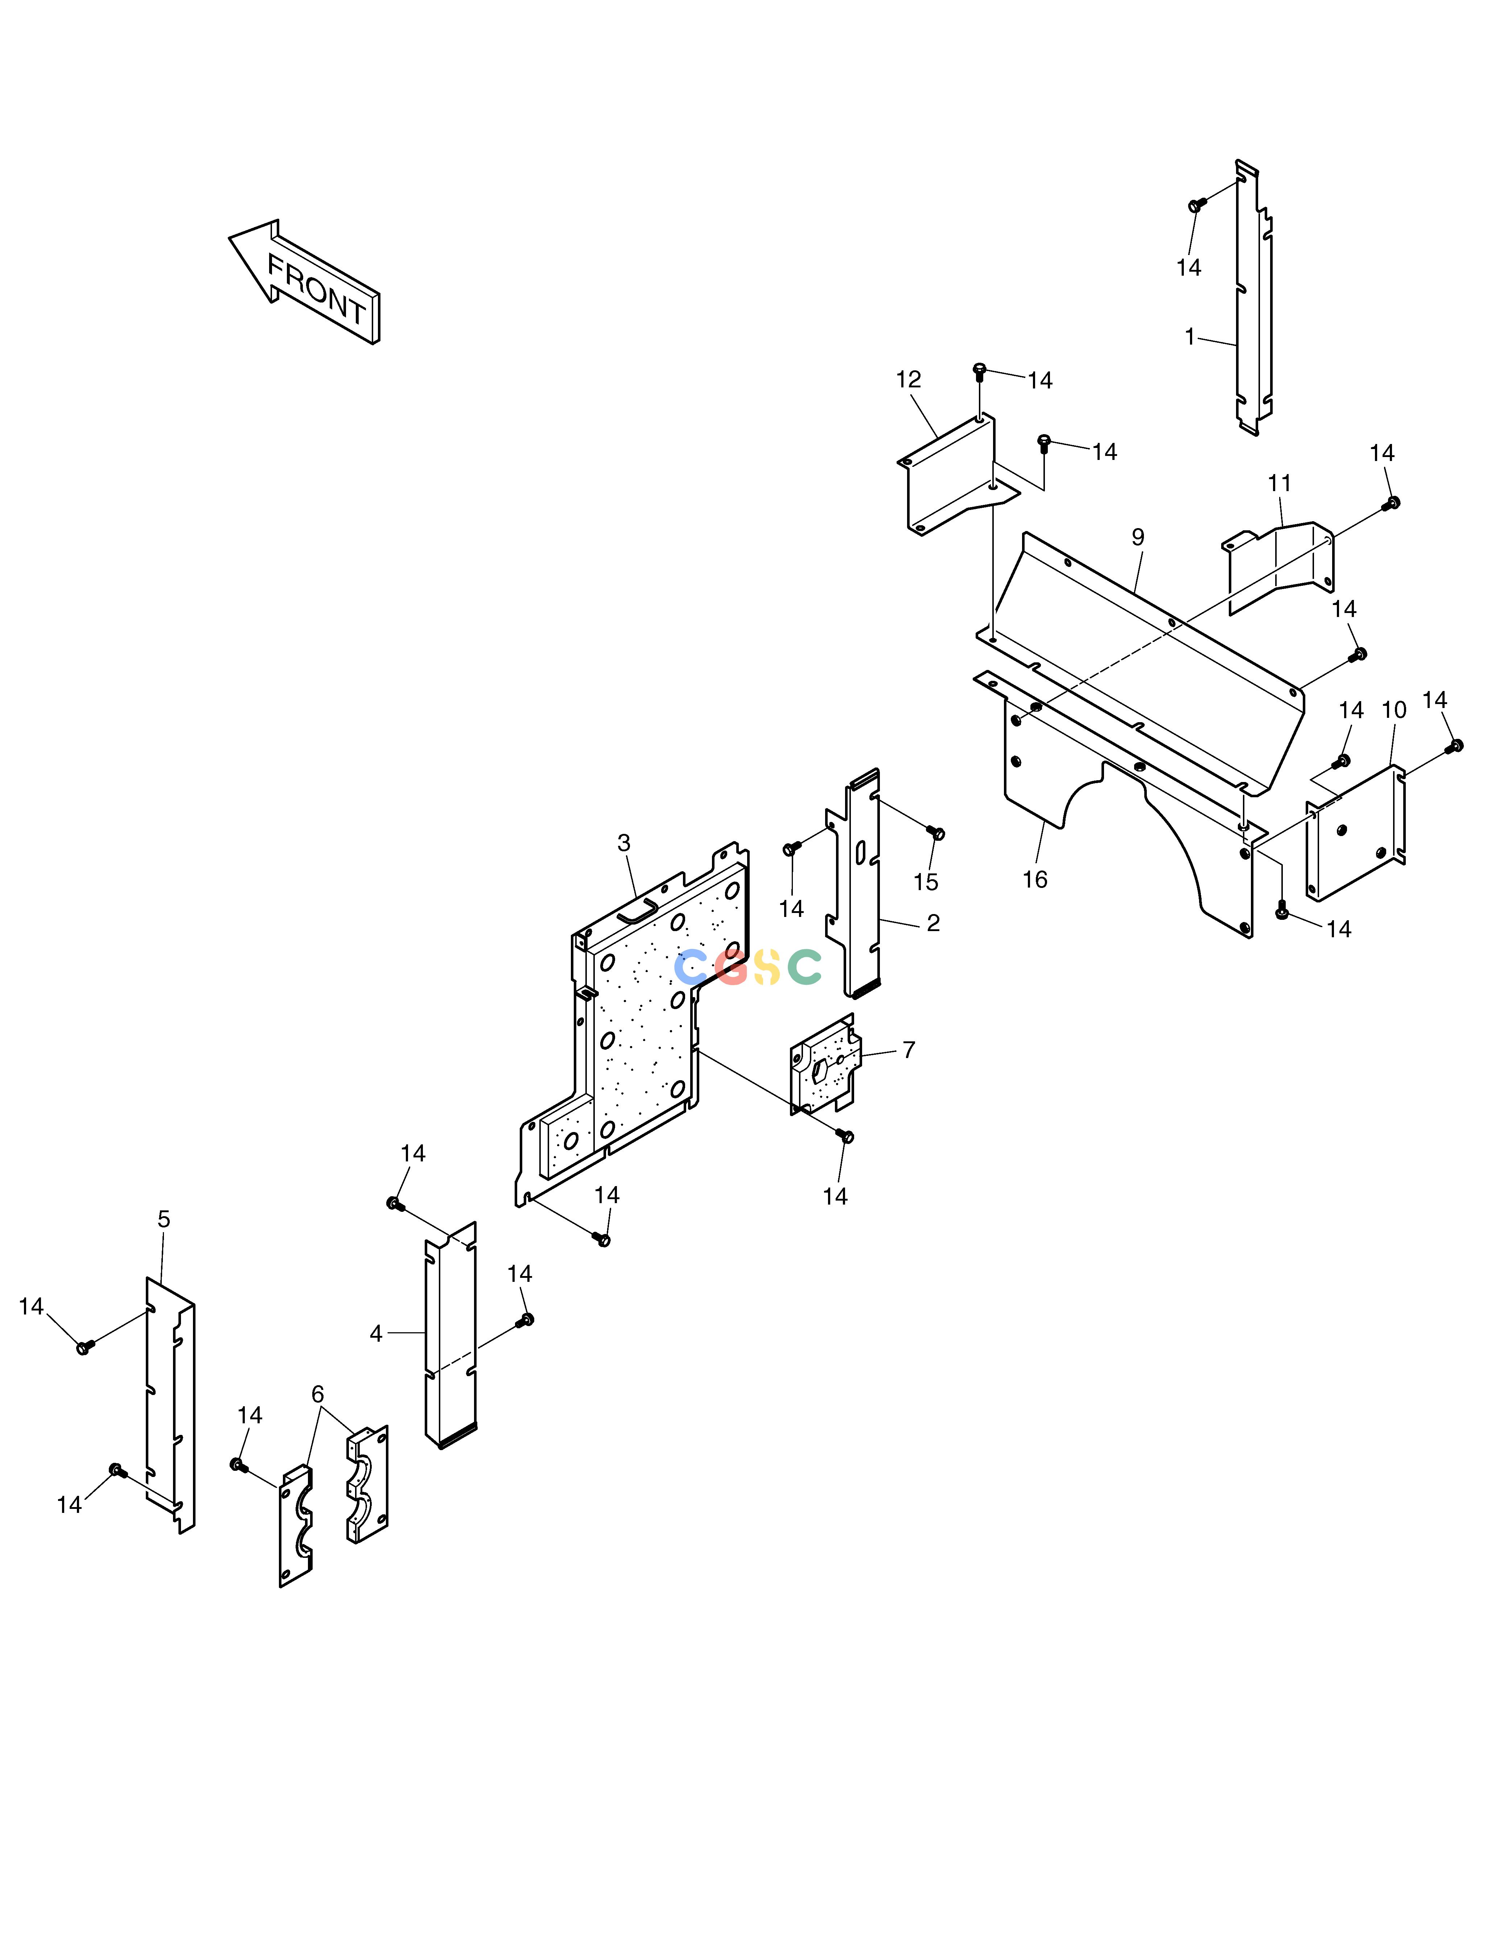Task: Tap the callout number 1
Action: coord(1190,337)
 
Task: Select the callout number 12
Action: coord(909,380)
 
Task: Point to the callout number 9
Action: coord(1138,538)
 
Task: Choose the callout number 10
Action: coord(1394,710)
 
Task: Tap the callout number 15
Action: coord(926,882)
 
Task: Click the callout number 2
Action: coord(934,923)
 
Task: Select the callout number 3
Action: coord(625,843)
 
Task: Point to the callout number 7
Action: coord(909,1049)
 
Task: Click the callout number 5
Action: coord(164,1219)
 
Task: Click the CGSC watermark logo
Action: coord(748,967)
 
